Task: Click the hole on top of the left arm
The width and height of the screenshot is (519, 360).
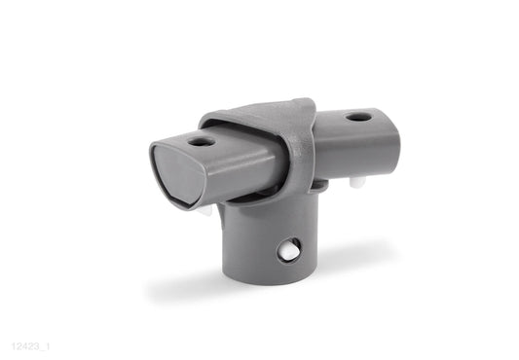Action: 202,141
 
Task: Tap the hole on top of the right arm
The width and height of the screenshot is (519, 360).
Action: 358,117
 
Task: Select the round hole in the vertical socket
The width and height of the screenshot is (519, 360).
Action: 289,250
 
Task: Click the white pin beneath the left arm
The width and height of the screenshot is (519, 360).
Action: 207,207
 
